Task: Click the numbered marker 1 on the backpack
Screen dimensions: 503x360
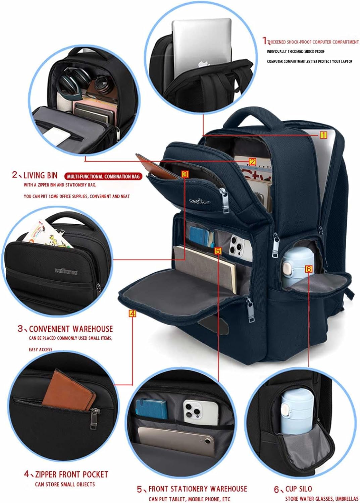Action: point(323,135)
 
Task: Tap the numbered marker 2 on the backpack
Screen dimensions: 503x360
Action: point(252,162)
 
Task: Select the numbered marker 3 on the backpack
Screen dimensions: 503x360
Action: point(185,174)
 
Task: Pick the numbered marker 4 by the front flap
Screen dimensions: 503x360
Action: point(133,314)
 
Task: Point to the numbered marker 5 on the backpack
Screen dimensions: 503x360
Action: point(218,251)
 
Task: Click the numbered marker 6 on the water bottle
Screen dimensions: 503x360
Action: point(309,269)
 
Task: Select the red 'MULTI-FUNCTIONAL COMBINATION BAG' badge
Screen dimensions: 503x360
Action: point(103,176)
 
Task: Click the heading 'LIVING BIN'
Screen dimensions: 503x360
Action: point(40,175)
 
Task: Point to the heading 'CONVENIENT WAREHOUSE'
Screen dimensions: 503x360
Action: point(71,329)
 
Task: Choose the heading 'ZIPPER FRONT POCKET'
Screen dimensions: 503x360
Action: point(71,474)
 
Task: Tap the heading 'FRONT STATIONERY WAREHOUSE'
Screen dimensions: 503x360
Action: point(198,489)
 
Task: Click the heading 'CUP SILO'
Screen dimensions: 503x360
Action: point(298,489)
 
